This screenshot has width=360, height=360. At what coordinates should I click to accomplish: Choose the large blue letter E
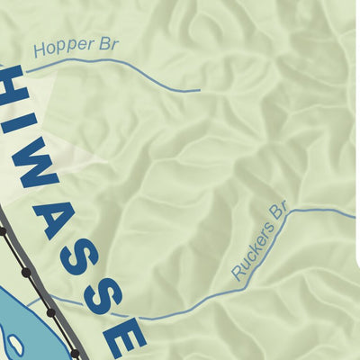(127, 336)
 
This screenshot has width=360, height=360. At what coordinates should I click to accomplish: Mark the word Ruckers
(248, 254)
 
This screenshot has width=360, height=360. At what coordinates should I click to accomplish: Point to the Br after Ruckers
(276, 215)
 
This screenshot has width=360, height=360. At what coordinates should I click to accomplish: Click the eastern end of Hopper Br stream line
(199, 90)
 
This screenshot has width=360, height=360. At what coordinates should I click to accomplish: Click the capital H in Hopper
(38, 51)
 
